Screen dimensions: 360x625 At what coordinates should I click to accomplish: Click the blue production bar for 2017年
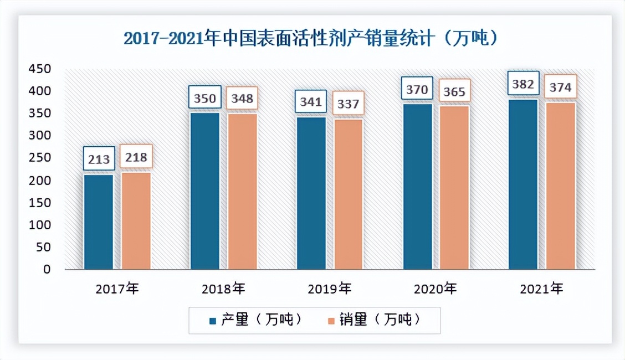[99, 222]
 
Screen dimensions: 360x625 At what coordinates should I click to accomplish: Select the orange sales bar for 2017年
[136, 220]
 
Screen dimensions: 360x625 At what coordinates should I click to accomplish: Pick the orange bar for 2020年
[454, 187]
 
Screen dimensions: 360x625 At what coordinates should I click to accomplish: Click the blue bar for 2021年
[523, 184]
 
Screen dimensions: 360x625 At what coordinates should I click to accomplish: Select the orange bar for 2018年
[242, 191]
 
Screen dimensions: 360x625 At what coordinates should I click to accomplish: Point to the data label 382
[523, 85]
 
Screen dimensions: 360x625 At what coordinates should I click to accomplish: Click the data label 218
[136, 157]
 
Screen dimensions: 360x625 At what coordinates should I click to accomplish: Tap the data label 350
[205, 99]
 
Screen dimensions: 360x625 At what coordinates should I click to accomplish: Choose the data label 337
[348, 104]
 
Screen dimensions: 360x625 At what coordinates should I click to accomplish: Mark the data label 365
[454, 91]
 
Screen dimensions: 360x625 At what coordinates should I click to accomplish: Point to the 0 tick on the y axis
[47, 270]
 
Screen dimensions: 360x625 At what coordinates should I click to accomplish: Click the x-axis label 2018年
[223, 288]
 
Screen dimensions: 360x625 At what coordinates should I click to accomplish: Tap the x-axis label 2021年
[541, 288]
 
